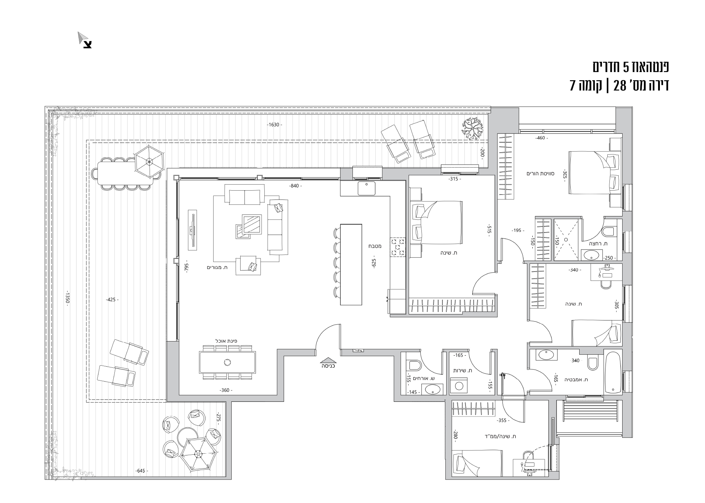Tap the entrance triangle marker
pos(328,360)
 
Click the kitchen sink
pos(366,188)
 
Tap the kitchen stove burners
pos(398,247)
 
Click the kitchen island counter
pos(351,264)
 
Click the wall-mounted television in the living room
pos(192,229)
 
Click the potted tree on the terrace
pos(472,129)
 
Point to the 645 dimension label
pos(141,471)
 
